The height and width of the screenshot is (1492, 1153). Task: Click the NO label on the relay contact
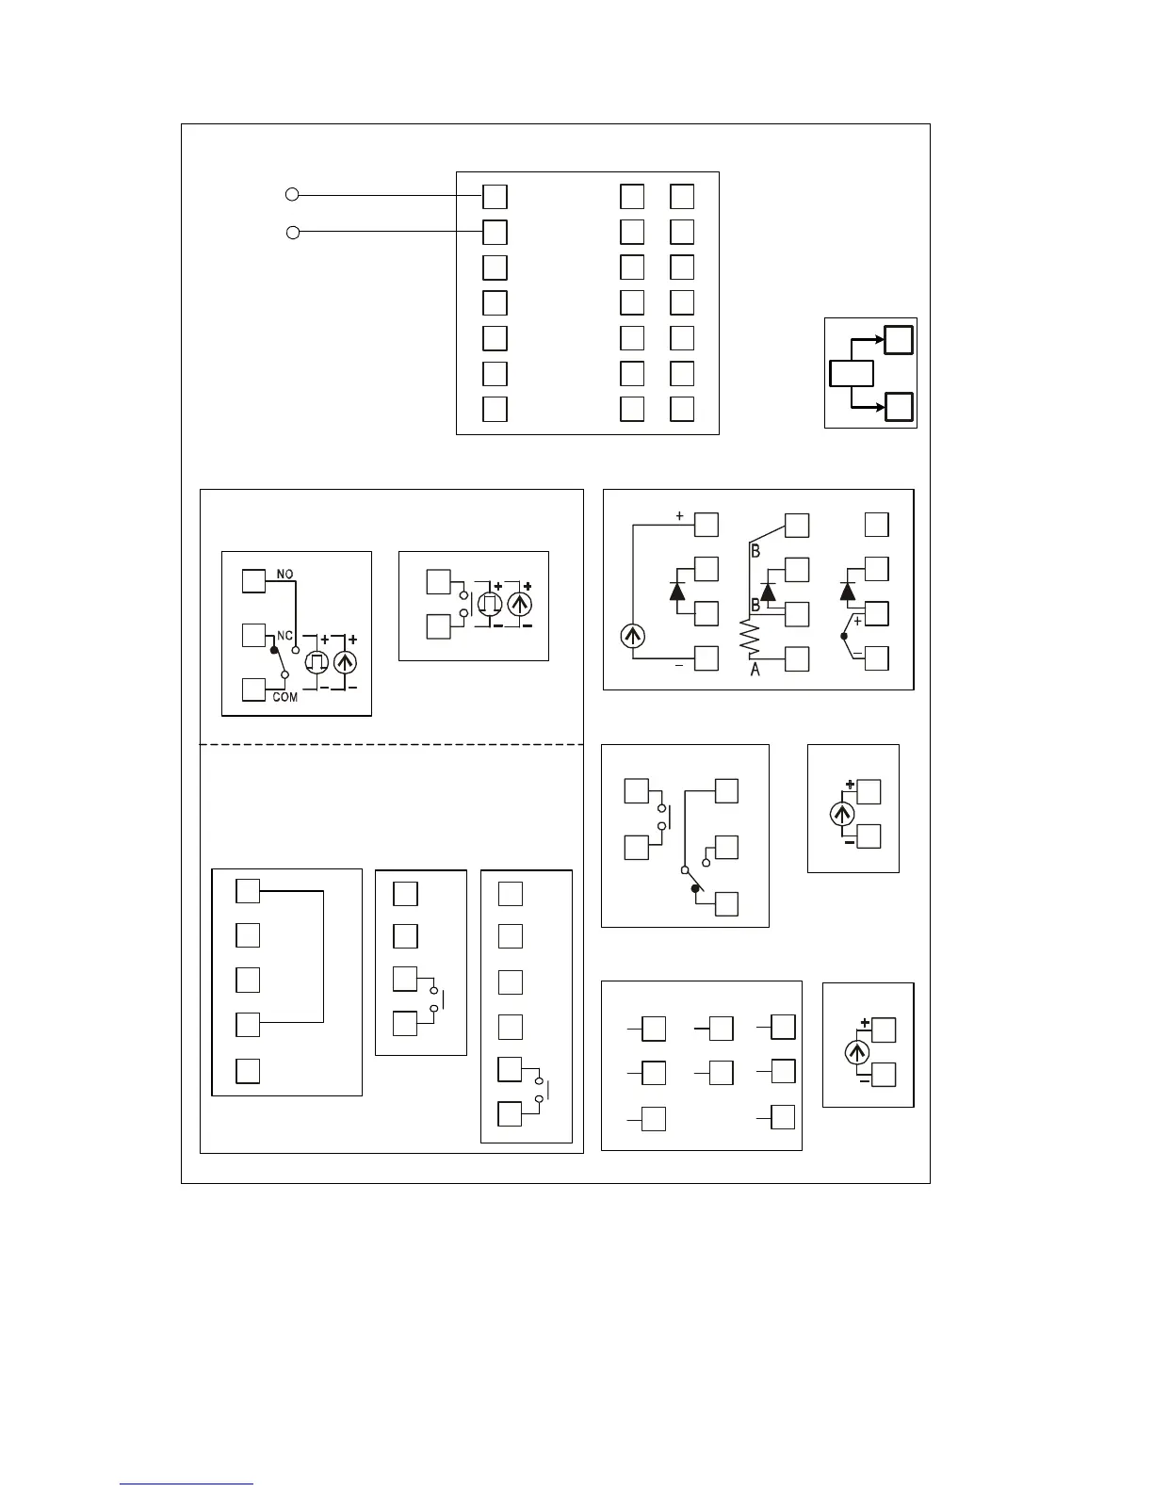(x=284, y=574)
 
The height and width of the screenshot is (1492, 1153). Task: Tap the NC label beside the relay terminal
(x=284, y=636)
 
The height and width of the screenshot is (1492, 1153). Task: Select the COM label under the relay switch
(x=284, y=697)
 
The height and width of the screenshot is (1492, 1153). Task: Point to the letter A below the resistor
(x=755, y=671)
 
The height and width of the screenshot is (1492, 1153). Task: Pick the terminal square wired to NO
(x=253, y=580)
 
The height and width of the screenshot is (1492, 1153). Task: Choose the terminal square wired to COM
(x=253, y=689)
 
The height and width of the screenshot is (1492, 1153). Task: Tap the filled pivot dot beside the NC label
(x=274, y=650)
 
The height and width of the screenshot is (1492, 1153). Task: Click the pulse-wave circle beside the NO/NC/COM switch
(x=317, y=660)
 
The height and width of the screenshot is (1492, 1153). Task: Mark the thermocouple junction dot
(x=844, y=637)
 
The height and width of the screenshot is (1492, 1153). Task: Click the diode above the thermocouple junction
(x=847, y=591)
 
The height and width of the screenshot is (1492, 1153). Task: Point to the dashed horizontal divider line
(x=391, y=744)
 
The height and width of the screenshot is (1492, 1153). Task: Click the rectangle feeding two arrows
(x=852, y=373)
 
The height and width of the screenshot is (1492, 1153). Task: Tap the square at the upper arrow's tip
(x=899, y=339)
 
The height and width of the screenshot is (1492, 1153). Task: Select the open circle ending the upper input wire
(x=292, y=195)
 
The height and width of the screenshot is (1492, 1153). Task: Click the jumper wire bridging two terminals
(x=323, y=956)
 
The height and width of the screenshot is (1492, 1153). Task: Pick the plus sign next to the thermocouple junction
(x=857, y=621)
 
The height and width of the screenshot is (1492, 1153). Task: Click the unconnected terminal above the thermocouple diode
(x=877, y=525)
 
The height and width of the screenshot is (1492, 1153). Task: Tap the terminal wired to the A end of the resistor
(x=797, y=658)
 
